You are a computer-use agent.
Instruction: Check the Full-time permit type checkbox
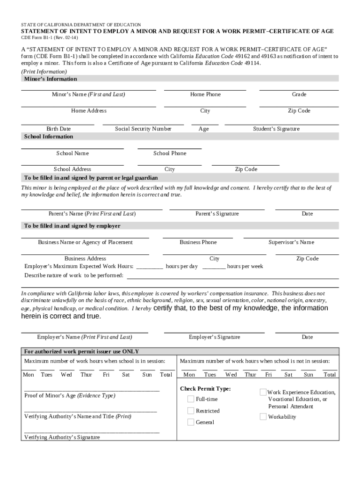click(x=191, y=399)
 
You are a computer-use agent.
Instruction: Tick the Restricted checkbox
click(x=191, y=411)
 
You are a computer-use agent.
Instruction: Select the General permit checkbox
click(x=191, y=422)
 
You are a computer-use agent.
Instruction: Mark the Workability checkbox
click(x=263, y=416)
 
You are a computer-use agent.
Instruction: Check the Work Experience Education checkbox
click(x=263, y=392)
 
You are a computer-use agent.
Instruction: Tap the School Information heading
click(x=49, y=137)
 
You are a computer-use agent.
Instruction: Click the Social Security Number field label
click(x=143, y=129)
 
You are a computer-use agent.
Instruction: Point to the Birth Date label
click(x=58, y=129)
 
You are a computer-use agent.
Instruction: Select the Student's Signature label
click(x=276, y=129)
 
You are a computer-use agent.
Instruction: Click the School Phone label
click(x=170, y=153)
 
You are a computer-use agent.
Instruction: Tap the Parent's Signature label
click(x=217, y=214)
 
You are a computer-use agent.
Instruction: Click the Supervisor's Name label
click(x=291, y=242)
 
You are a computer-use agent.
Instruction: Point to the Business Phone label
click(x=198, y=242)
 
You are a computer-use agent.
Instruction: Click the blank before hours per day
click(x=150, y=267)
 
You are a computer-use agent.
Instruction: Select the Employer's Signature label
click(x=215, y=337)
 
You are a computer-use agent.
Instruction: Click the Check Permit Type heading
click(x=205, y=389)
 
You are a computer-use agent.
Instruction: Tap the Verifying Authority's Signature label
click(x=62, y=437)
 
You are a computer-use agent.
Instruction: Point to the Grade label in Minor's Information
click(x=299, y=94)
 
